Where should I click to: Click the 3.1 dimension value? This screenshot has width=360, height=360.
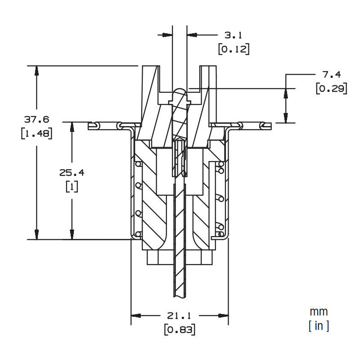[234, 35]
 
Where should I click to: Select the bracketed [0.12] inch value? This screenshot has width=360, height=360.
[234, 49]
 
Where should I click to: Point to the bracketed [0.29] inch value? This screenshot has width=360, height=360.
[331, 89]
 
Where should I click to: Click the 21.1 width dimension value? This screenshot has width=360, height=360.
[180, 316]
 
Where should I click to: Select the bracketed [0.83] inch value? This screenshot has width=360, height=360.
[180, 330]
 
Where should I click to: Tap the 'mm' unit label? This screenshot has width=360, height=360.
[319, 311]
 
